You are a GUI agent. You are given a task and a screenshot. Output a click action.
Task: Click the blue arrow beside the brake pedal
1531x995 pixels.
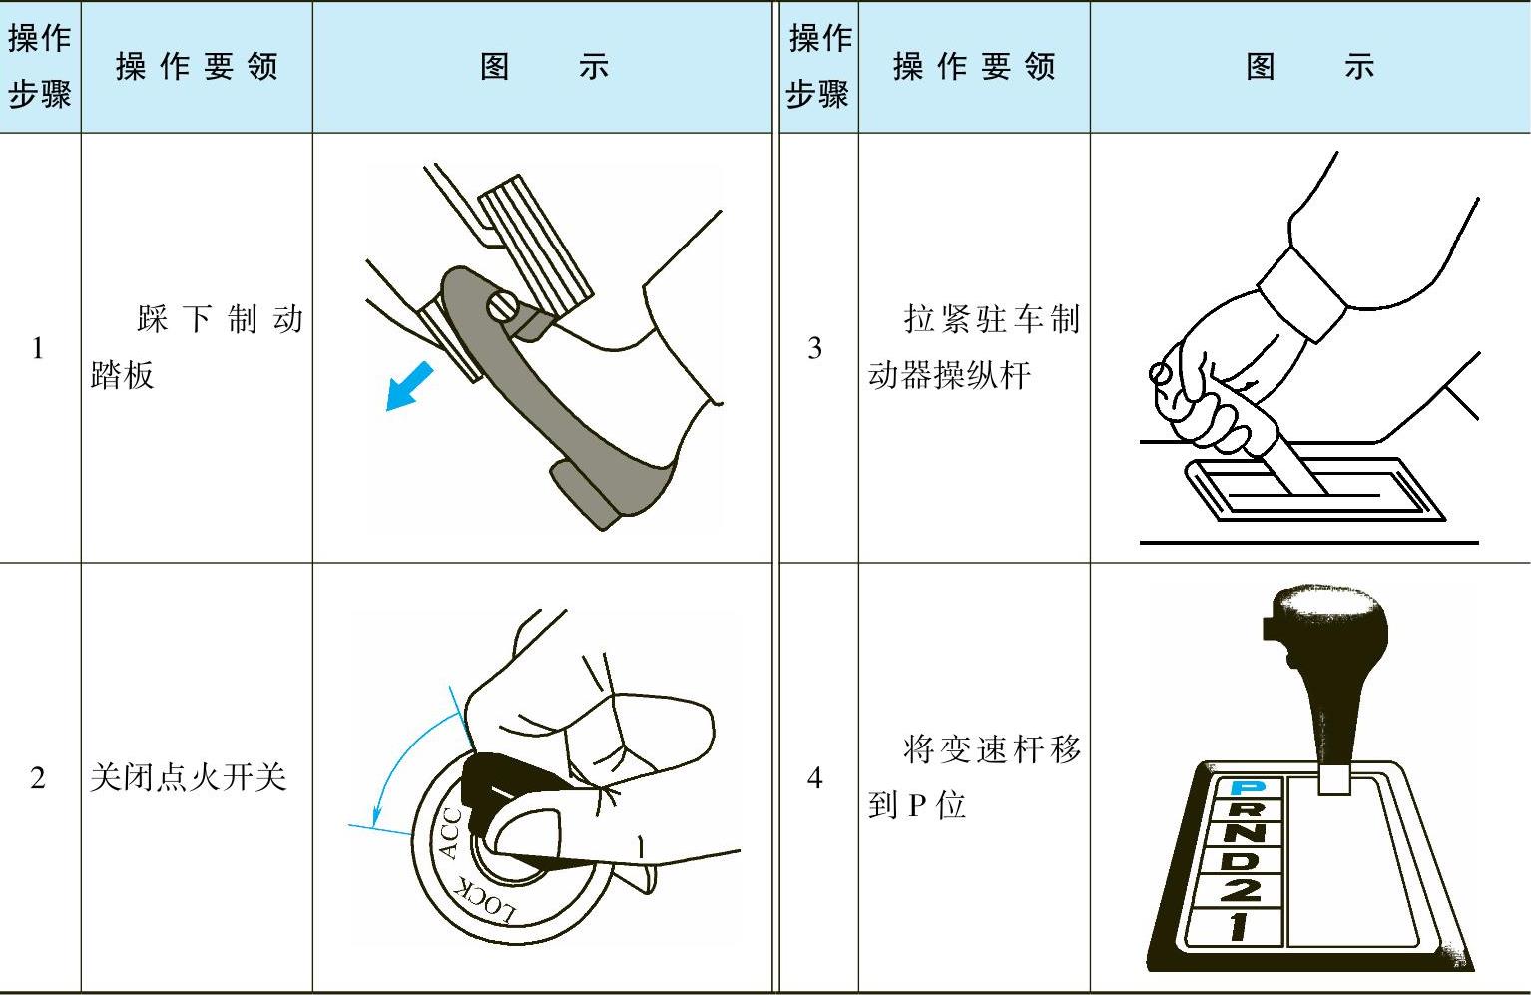pyautogui.click(x=409, y=387)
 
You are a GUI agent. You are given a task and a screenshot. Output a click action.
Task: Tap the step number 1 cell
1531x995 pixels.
pyautogui.click(x=38, y=348)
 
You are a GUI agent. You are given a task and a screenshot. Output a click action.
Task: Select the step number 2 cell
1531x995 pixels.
pyautogui.click(x=38, y=778)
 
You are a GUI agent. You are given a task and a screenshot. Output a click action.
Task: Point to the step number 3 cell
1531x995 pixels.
pyautogui.click(x=814, y=348)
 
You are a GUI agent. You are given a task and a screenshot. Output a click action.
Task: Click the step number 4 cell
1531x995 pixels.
pyautogui.click(x=814, y=778)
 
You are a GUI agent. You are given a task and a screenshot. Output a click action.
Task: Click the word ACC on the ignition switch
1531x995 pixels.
pyautogui.click(x=449, y=832)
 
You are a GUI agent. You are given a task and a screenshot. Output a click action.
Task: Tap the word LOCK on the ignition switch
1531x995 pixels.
pyautogui.click(x=485, y=898)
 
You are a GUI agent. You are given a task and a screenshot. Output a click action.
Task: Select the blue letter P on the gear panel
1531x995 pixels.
pyautogui.click(x=1248, y=788)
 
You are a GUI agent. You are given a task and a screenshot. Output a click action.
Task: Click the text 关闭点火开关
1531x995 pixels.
pyautogui.click(x=188, y=778)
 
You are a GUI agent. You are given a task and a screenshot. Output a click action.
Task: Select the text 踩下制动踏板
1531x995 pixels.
pyautogui.click(x=197, y=348)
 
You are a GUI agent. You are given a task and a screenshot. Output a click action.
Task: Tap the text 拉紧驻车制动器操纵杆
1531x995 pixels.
pyautogui.click(x=975, y=348)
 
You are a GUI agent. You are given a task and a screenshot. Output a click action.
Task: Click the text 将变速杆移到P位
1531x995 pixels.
pyautogui.click(x=975, y=777)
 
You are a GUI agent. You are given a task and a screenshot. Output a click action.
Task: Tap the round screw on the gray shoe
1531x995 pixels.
pyautogui.click(x=502, y=306)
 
